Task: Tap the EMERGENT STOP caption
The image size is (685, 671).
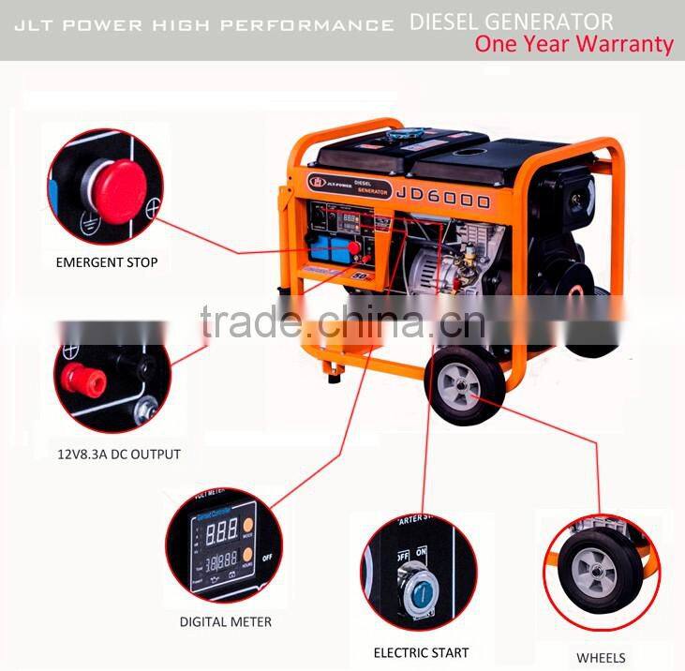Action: point(106,262)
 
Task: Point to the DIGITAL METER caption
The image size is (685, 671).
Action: point(226,621)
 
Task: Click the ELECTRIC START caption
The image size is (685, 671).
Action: point(421,652)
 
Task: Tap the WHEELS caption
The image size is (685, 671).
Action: point(602,657)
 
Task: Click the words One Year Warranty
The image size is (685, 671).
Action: point(573,43)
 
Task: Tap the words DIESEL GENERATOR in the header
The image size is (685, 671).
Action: point(512,21)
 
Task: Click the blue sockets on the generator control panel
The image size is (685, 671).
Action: point(329,248)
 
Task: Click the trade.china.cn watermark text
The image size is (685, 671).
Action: point(342,324)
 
